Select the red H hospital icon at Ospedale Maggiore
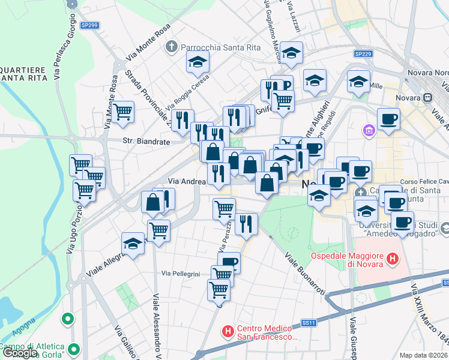coord(393,260)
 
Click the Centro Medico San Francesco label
coord(267,332)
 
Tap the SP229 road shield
coord(363,54)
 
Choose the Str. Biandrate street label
coord(146,142)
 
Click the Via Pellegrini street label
coord(180,274)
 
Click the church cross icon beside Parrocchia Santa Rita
coord(172,46)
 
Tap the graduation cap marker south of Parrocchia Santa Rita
coord(197,61)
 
